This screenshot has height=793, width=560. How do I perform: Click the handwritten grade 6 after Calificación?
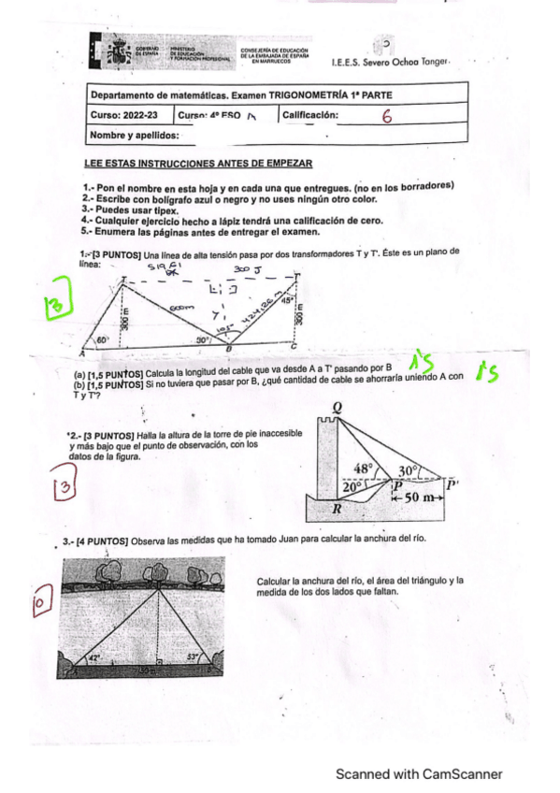point(386,117)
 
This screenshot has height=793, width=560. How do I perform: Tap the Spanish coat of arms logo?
point(117,52)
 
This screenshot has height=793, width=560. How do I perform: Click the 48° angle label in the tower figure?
point(364,469)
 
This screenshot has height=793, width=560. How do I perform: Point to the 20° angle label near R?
point(352,486)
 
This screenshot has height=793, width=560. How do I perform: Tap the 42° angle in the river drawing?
point(93,657)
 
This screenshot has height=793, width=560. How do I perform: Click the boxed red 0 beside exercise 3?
point(41,605)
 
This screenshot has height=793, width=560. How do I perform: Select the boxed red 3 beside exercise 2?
point(63,487)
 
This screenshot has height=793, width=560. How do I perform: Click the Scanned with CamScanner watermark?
point(419,773)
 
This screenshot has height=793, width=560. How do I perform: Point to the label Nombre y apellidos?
point(133,137)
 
